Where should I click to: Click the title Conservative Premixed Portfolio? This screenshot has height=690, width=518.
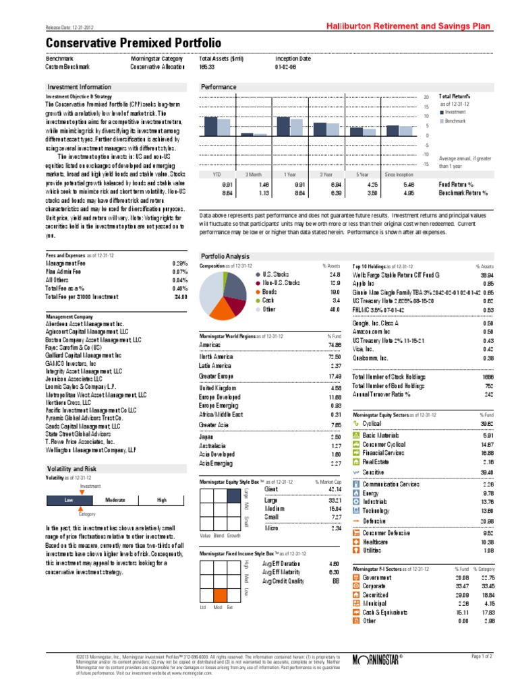click(x=133, y=42)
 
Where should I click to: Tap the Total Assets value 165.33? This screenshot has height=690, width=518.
click(x=208, y=67)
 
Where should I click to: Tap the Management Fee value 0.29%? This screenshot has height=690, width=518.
click(x=179, y=263)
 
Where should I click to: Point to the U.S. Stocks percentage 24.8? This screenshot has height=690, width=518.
click(x=335, y=275)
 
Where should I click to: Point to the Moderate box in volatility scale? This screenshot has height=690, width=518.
click(x=115, y=500)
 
